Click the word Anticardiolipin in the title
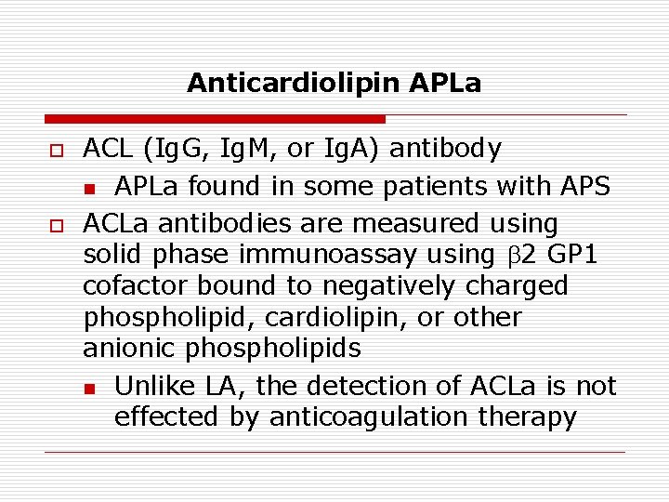pyautogui.click(x=293, y=83)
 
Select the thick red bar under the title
pyautogui.click(x=215, y=120)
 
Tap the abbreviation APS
pyautogui.click(x=582, y=186)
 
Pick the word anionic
pyautogui.click(x=130, y=349)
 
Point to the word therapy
pyautogui.click(x=527, y=417)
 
